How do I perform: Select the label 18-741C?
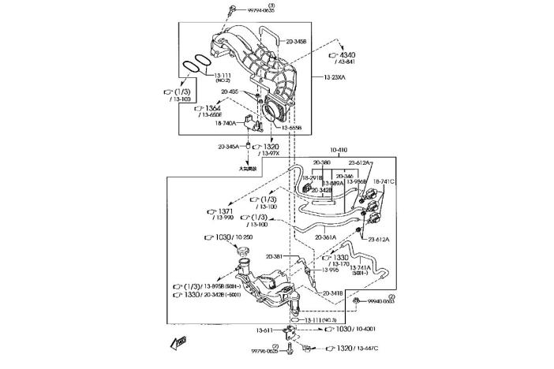pyautogui.click(x=384, y=181)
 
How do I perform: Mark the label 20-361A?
pyautogui.click(x=326, y=237)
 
